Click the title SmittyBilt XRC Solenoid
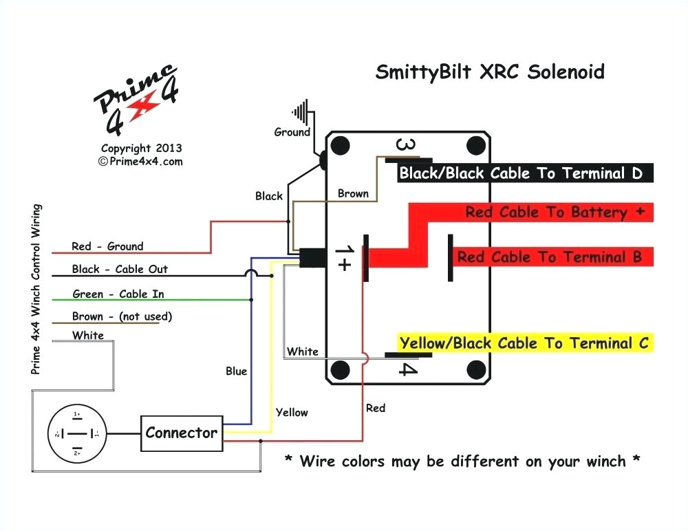[490, 72]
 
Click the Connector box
[182, 433]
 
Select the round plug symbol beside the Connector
[77, 434]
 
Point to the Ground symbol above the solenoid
[301, 112]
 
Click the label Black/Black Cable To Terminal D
[521, 173]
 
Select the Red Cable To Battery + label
[555, 213]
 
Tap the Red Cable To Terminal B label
[549, 257]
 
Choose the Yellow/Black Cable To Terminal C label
[524, 343]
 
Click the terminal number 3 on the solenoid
[406, 146]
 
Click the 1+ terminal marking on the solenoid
[343, 258]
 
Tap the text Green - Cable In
[118, 294]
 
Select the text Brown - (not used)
[122, 316]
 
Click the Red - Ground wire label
[107, 246]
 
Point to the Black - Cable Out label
[120, 269]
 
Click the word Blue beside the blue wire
[236, 371]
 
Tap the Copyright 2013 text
[141, 148]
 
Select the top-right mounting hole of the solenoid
[475, 147]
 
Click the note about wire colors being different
[462, 461]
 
